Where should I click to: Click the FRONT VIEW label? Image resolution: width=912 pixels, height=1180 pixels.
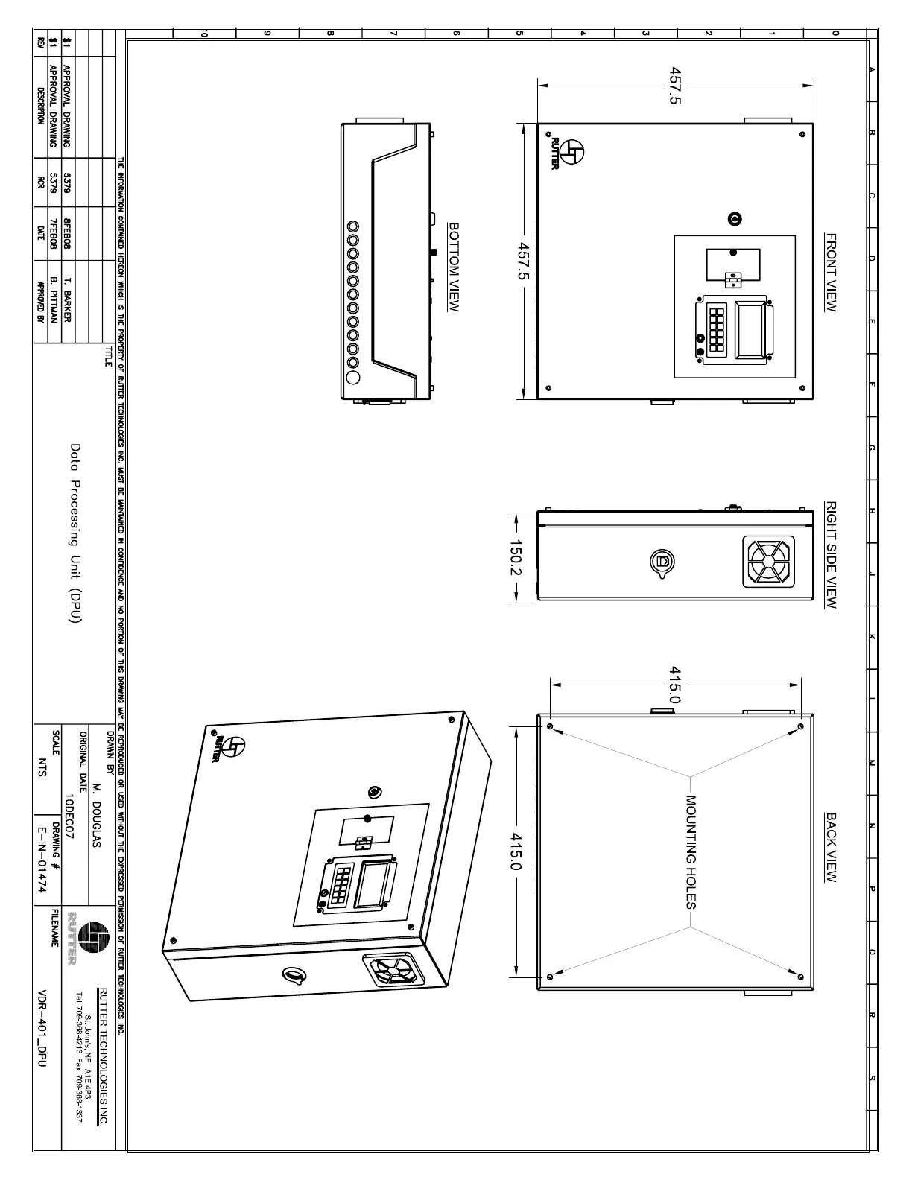click(831, 273)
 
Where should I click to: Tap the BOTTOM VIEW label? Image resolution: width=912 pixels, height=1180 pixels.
click(453, 266)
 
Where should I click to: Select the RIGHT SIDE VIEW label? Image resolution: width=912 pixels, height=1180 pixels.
click(831, 555)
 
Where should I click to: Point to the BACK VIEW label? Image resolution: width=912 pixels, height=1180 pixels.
click(831, 848)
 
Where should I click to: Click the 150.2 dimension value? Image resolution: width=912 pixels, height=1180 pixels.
click(515, 558)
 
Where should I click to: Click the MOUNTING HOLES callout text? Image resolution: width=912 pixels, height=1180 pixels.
click(690, 852)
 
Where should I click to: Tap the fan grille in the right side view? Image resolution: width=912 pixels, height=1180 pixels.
click(768, 561)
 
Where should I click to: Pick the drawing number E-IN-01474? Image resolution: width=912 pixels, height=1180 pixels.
click(42, 860)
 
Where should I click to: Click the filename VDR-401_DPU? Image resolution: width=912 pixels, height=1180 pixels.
click(42, 1029)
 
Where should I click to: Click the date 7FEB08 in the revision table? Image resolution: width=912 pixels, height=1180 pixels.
click(53, 233)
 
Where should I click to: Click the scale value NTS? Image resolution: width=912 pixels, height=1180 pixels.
click(42, 768)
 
